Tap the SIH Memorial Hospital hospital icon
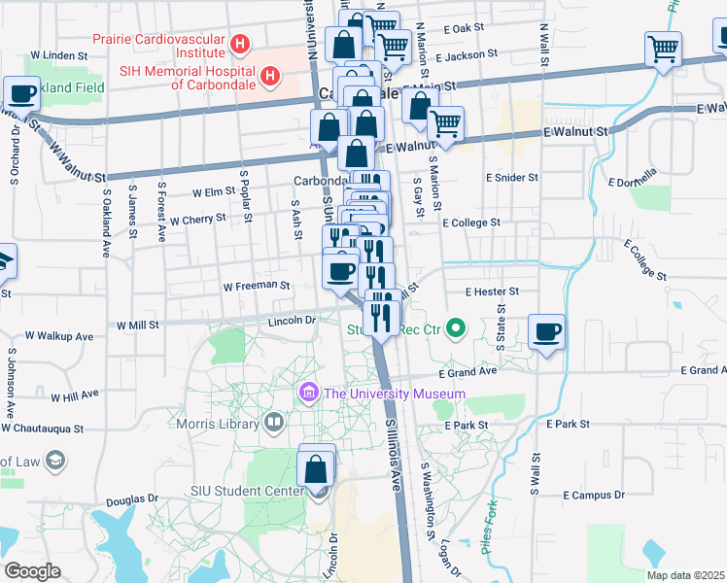(x=271, y=75)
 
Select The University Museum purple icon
(x=309, y=393)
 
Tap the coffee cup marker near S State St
(x=547, y=333)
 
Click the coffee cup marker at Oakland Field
(x=21, y=94)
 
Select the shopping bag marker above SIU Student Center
(x=317, y=468)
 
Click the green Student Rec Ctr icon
(x=453, y=328)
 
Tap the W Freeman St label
(x=257, y=287)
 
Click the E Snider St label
(x=512, y=178)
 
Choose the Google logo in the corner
(x=32, y=571)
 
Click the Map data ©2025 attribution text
(x=685, y=575)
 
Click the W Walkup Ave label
(x=58, y=335)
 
